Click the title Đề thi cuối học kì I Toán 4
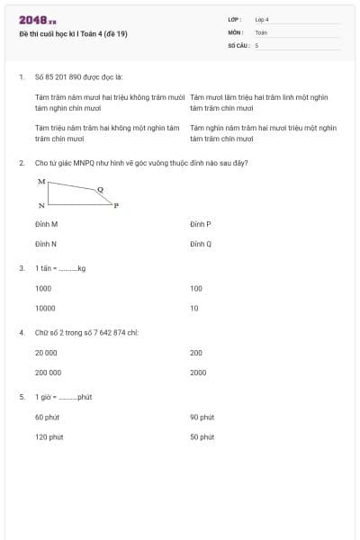coord(79,34)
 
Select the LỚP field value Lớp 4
coord(262,19)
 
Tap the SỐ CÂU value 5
coord(256,45)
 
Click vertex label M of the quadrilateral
coord(41,181)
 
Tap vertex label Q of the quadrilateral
coord(100,189)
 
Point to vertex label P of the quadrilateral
coord(116,206)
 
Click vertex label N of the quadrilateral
coord(41,206)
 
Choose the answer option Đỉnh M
coord(46,223)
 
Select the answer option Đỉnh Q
coord(201,244)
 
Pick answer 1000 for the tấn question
coord(43,288)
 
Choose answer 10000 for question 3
coord(45,308)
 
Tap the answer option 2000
coord(198,372)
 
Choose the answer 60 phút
coord(48,417)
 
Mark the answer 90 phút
coord(202,417)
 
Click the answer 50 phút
coord(202,436)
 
